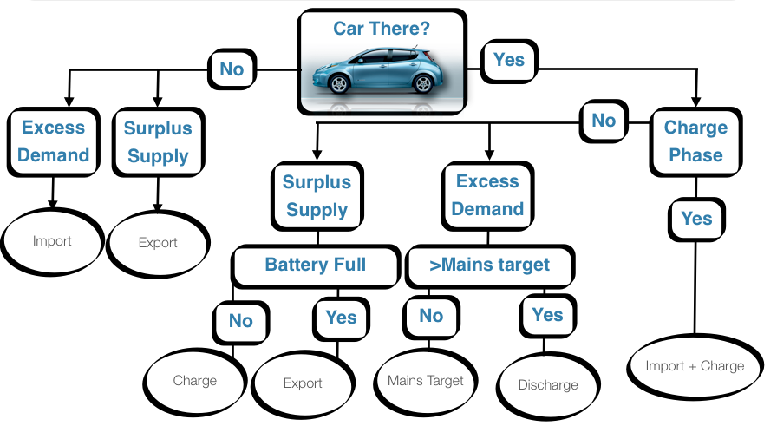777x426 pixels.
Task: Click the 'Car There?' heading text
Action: point(382,29)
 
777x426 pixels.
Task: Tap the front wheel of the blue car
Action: point(340,84)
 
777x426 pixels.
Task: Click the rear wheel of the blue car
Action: point(422,84)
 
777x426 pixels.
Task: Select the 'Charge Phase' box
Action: point(695,141)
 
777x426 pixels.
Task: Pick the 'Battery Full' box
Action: point(316,265)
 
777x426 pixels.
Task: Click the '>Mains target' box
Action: point(489,265)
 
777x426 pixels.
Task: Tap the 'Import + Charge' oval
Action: point(695,367)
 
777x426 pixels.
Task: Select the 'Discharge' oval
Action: point(547,384)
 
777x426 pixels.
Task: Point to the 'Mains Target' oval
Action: point(425,381)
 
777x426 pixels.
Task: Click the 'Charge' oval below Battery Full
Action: point(194,380)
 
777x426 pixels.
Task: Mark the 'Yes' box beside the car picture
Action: point(509,60)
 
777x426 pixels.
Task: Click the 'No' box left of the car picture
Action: point(232,69)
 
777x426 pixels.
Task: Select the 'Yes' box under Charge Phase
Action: point(696,219)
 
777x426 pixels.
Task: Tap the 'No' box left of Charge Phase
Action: point(604,121)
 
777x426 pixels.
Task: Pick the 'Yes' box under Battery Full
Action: point(341,317)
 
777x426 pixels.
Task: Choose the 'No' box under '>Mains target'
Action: point(431,316)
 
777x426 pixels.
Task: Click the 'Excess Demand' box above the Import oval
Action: point(54,141)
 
